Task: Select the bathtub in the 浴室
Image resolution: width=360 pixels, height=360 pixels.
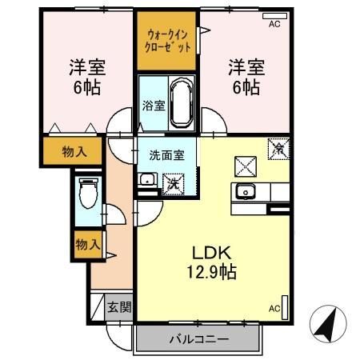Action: pyautogui.click(x=179, y=102)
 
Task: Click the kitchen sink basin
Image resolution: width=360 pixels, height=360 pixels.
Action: pyautogui.click(x=245, y=192)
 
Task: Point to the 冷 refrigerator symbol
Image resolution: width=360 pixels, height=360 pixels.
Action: pyautogui.click(x=280, y=148)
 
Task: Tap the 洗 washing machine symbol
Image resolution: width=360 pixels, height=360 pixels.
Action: pyautogui.click(x=173, y=182)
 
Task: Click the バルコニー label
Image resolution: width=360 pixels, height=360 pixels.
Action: pyautogui.click(x=198, y=338)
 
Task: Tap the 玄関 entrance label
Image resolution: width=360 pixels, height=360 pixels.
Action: pyautogui.click(x=118, y=307)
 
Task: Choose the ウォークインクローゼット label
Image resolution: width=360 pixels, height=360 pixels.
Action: pyautogui.click(x=167, y=41)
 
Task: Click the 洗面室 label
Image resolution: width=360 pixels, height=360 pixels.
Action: pyautogui.click(x=166, y=154)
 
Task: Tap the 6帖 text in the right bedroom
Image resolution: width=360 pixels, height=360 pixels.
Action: pyautogui.click(x=244, y=86)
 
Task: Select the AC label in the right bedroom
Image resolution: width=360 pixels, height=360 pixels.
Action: pyautogui.click(x=274, y=25)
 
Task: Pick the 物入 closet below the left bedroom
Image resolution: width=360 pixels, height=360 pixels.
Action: pyautogui.click(x=77, y=152)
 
